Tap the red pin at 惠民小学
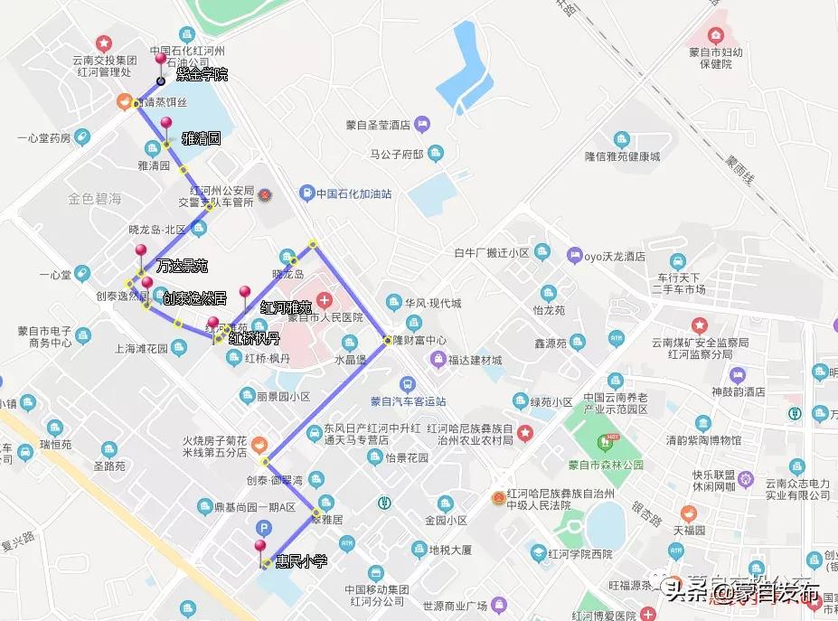click(x=260, y=547)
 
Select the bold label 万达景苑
click(x=182, y=266)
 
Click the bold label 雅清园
click(x=201, y=138)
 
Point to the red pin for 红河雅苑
click(x=244, y=293)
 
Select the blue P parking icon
click(x=264, y=528)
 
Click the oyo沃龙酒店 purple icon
click(x=573, y=255)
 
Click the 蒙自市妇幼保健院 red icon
click(x=716, y=36)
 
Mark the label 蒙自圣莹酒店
click(x=378, y=124)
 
